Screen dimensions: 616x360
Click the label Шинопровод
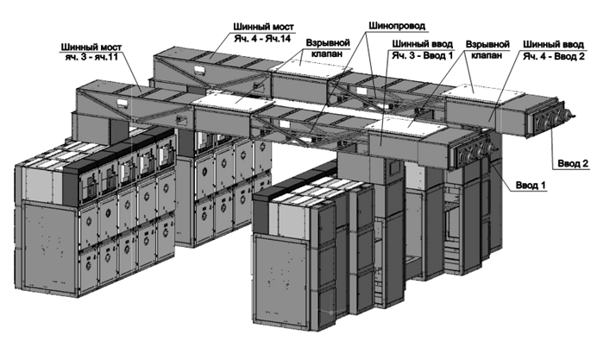397,26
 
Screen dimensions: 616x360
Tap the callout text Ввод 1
531,185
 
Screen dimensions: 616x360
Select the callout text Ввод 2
573,163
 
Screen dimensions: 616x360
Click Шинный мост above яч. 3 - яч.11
91,47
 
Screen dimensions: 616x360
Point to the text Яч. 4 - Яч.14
262,39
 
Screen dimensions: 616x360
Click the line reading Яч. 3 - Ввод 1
423,55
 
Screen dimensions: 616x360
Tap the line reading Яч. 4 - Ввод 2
554,56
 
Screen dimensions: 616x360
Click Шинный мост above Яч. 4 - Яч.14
263,27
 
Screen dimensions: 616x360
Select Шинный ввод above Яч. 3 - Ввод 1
423,44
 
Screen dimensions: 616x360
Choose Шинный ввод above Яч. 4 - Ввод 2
554,45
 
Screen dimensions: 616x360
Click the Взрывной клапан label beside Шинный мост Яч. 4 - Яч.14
328,47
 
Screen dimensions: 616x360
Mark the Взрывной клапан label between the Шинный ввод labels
487,49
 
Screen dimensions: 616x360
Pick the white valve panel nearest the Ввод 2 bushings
482,92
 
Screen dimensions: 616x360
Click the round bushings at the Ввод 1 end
475,152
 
